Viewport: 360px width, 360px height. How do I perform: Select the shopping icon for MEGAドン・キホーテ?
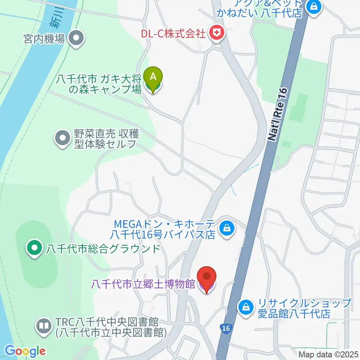tap(227, 228)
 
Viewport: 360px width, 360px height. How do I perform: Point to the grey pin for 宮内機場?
tap(76, 38)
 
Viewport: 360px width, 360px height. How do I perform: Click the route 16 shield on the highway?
tap(225, 328)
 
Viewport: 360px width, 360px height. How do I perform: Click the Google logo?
tap(25, 351)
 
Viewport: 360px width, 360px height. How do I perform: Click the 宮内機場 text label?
tap(44, 38)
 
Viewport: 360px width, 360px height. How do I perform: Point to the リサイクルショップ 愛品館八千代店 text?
tap(304, 307)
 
